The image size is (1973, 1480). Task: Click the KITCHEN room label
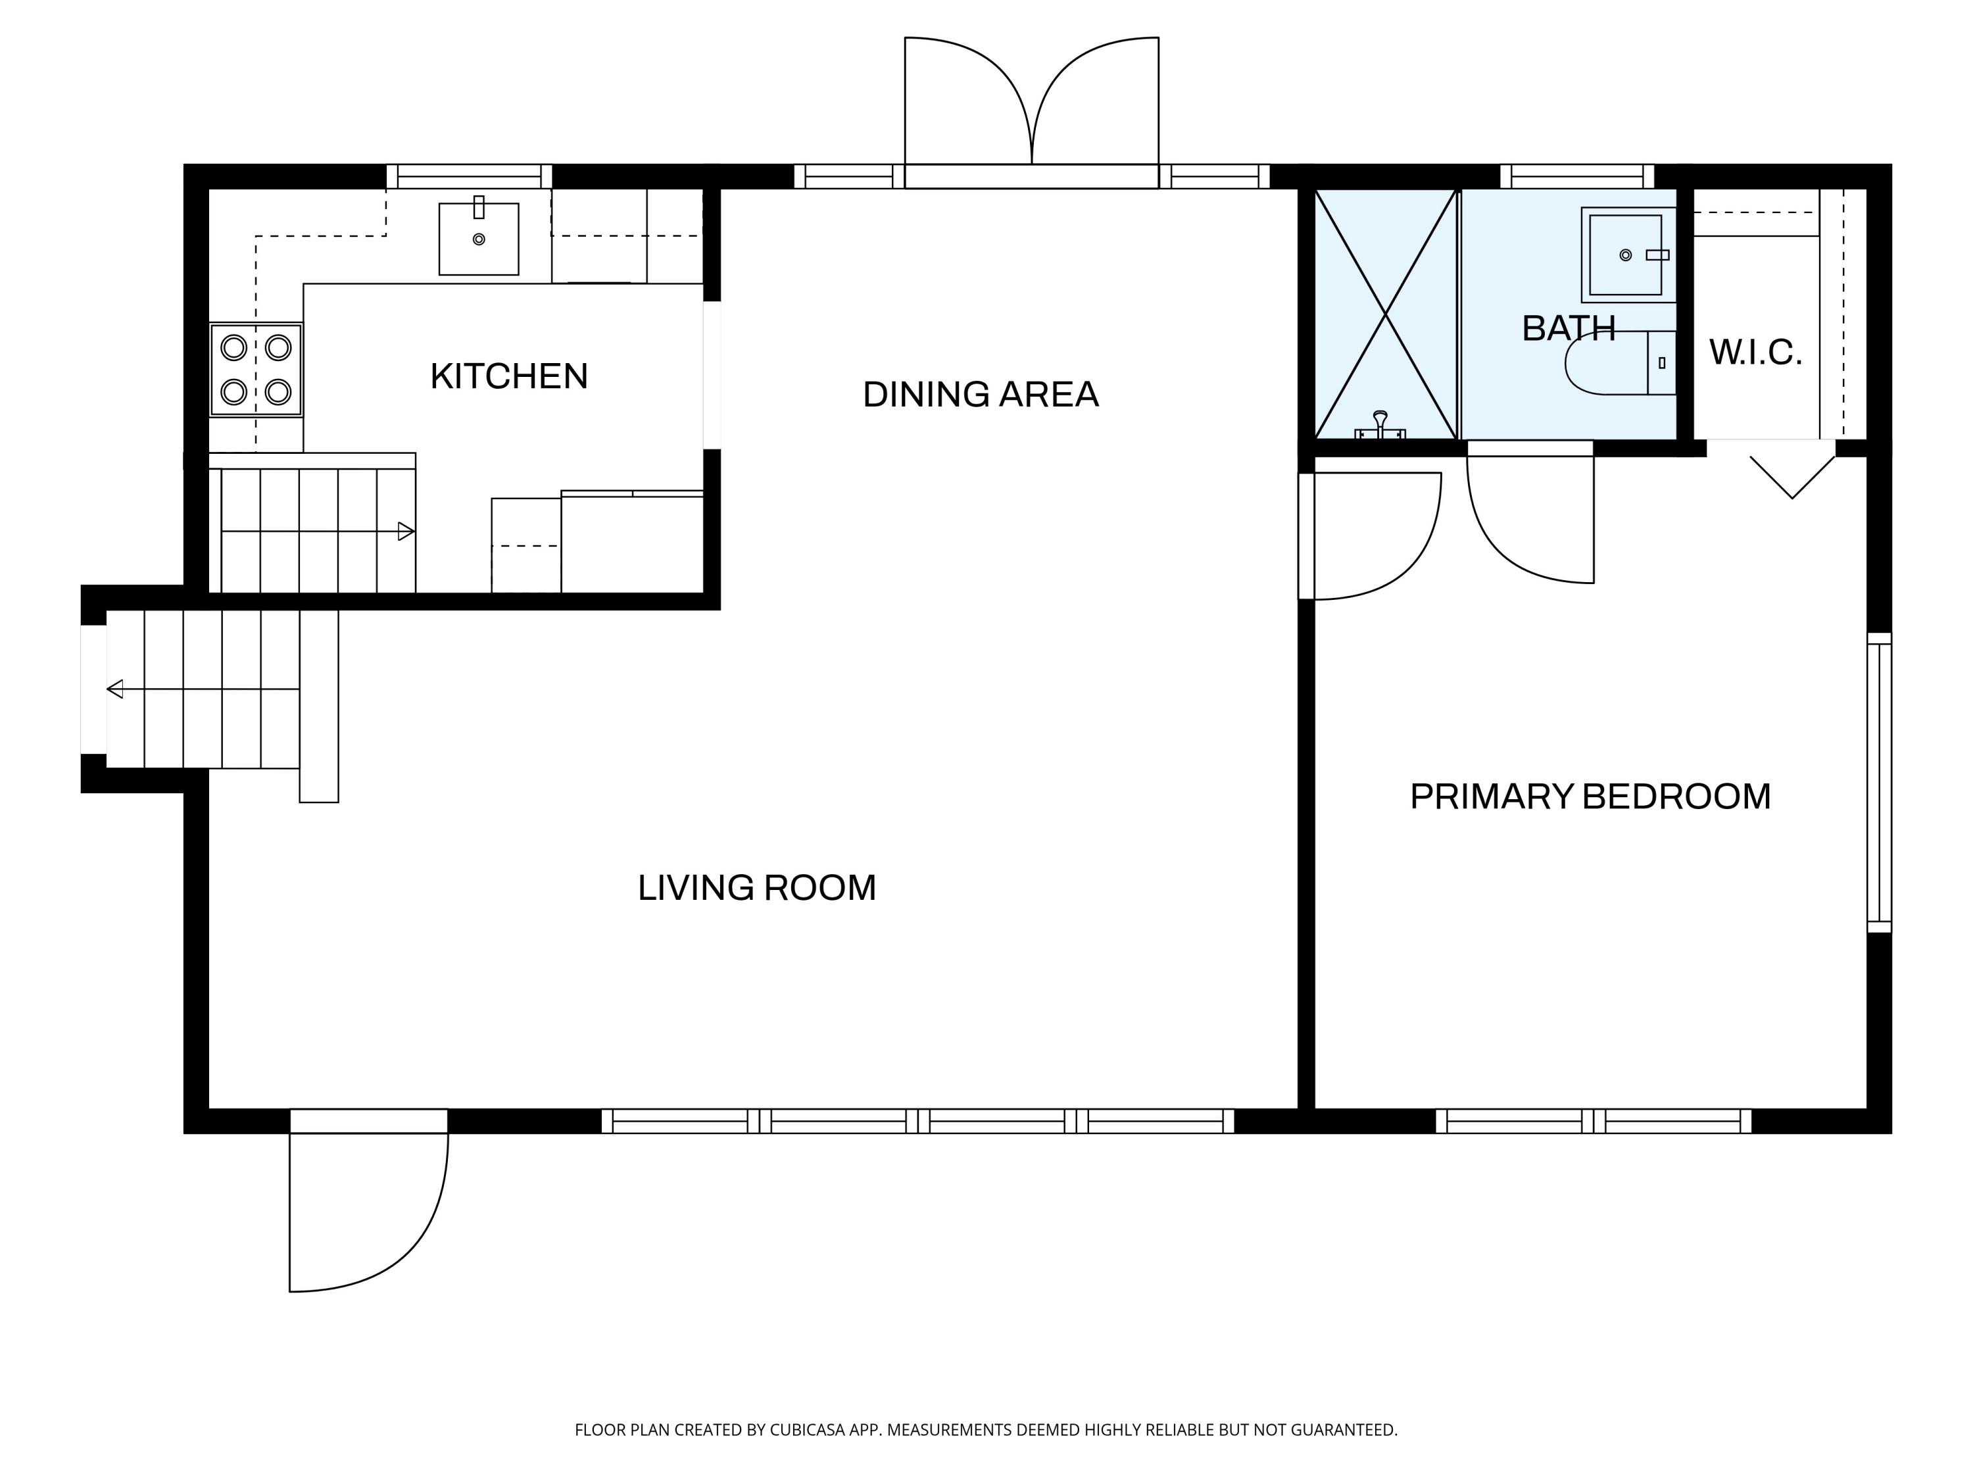tap(508, 376)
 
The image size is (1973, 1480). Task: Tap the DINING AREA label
tap(981, 394)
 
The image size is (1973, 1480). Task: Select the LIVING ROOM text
tap(756, 887)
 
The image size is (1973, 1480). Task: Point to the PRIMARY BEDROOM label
tap(1590, 797)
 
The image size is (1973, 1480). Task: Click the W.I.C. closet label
tap(1755, 353)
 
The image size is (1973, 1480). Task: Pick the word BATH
tap(1568, 329)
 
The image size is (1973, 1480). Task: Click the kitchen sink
tap(479, 238)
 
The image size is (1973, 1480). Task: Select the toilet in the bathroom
tap(1620, 363)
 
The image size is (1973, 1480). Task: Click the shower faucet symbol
tap(1380, 426)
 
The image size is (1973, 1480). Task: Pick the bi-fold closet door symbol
tap(1793, 478)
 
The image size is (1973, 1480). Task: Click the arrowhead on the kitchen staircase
tap(406, 531)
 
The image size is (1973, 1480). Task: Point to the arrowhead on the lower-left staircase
tap(115, 689)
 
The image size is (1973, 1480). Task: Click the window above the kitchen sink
tap(469, 177)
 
